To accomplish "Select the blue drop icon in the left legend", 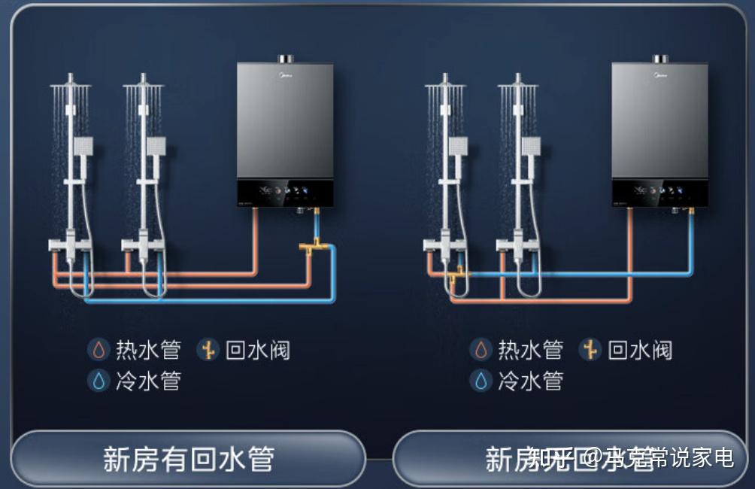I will tap(99, 381).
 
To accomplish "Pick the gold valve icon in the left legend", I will tap(208, 349).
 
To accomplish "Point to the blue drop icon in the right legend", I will tap(481, 381).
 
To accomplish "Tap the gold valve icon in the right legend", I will tap(590, 349).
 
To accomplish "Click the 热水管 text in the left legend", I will tap(148, 350).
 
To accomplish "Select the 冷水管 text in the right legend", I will tap(530, 381).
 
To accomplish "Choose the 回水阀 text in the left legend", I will tap(257, 350).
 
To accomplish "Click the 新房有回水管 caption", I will tap(188, 459).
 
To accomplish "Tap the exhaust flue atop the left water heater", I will tap(286, 59).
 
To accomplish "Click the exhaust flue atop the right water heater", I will tap(660, 59).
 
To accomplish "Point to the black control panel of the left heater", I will tap(286, 193).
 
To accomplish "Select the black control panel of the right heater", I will tap(660, 193).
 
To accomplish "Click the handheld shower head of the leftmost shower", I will tap(83, 145).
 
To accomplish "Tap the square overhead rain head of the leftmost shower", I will tap(70, 87).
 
